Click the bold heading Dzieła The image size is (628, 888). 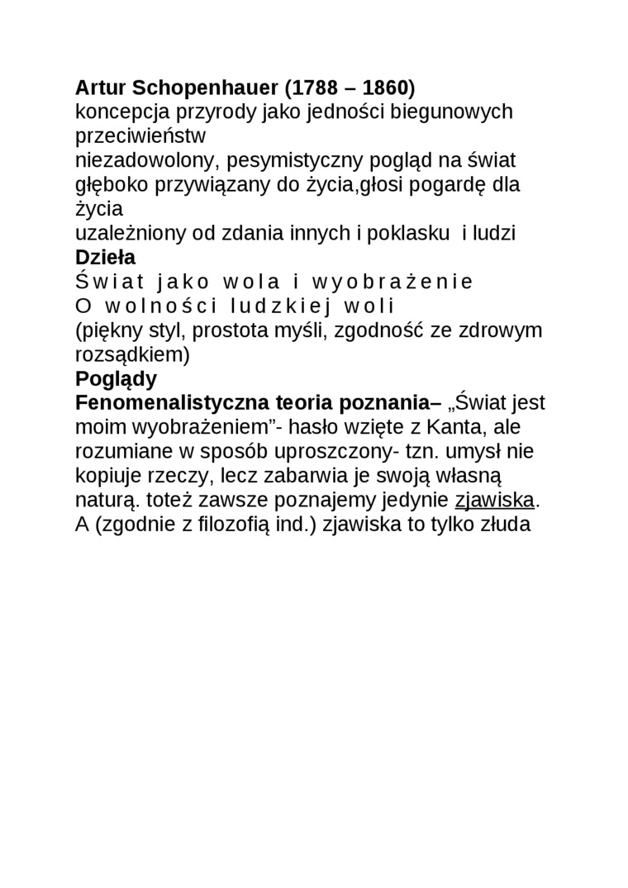click(105, 258)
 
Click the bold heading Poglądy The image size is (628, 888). click(116, 379)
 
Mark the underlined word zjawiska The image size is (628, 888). click(495, 501)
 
